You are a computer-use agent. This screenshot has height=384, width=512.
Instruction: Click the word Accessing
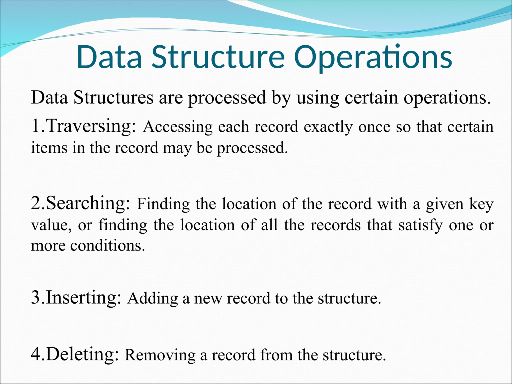[x=178, y=127]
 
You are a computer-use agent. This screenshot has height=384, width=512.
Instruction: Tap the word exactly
[x=328, y=127]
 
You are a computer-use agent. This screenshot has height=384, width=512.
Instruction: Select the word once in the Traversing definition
[x=374, y=127]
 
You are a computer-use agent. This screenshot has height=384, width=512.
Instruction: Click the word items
[x=49, y=147]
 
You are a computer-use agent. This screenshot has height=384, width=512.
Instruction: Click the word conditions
[x=107, y=246]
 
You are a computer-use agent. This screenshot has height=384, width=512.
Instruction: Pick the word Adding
[x=152, y=298]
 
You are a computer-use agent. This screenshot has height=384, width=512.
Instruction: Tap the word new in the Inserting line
[x=208, y=299]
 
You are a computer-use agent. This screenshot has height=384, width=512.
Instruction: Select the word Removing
[x=160, y=355]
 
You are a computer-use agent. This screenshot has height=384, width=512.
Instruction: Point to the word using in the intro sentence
[x=318, y=98]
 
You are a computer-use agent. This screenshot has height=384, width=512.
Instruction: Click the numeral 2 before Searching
[x=35, y=203]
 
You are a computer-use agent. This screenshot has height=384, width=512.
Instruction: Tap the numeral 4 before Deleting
[x=35, y=354]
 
